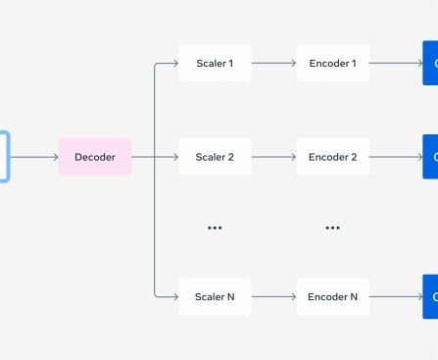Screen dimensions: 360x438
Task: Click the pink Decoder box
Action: point(95,157)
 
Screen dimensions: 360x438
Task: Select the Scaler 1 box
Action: point(215,64)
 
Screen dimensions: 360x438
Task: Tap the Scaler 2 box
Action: point(215,157)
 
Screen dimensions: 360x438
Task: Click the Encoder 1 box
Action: point(332,64)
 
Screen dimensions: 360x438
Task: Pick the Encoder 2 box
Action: point(332,157)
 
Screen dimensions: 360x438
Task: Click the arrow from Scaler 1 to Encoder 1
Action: point(273,64)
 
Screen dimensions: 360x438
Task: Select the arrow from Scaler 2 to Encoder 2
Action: point(273,157)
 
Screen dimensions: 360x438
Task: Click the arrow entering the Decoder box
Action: point(33,157)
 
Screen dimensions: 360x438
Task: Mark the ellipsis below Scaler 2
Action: point(215,228)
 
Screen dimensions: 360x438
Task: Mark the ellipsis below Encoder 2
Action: point(332,228)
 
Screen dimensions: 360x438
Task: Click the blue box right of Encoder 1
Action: point(430,64)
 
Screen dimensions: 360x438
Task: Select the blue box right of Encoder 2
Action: point(430,157)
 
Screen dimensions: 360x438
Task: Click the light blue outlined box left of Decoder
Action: point(4,157)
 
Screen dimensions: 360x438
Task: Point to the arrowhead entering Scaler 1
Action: point(173,64)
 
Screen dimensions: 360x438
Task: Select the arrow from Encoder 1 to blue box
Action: point(395,64)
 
